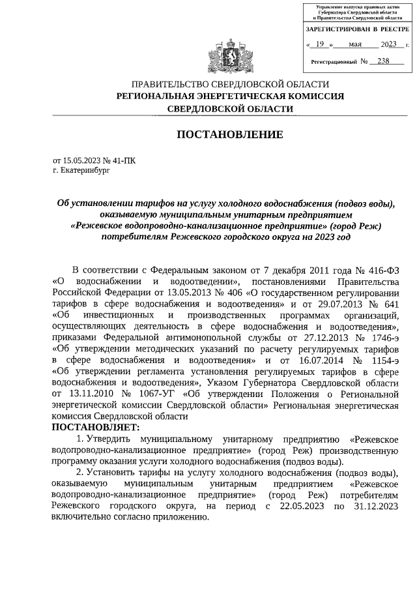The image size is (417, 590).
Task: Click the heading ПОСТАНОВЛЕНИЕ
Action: (231, 134)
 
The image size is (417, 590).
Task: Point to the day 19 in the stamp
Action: (319, 44)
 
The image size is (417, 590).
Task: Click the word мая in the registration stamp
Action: (355, 44)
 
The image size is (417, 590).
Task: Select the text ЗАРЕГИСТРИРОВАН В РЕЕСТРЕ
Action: (358, 30)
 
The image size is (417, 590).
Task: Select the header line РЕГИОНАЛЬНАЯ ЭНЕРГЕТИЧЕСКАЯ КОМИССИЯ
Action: (230, 96)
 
